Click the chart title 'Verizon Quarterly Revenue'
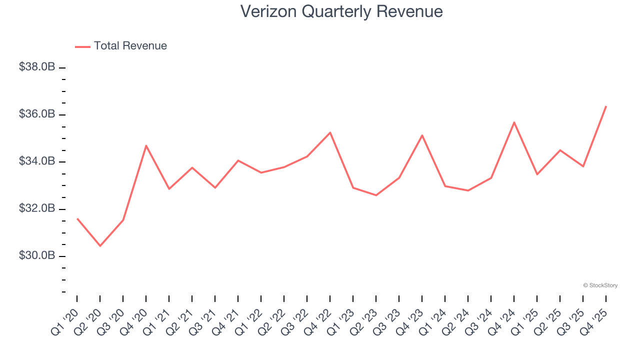point(341,11)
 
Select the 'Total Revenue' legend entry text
point(130,46)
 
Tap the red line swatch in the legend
point(82,46)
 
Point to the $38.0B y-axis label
point(37,67)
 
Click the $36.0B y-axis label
point(37,114)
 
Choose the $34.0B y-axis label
point(37,161)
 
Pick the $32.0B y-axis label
point(37,208)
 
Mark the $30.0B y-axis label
point(37,255)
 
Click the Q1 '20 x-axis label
point(65,320)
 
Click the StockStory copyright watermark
point(600,285)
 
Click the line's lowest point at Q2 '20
point(100,246)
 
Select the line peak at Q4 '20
point(146,145)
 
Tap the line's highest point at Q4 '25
point(606,106)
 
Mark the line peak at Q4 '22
point(330,132)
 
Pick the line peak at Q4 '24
point(514,122)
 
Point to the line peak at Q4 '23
point(422,135)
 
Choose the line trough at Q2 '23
point(376,195)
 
